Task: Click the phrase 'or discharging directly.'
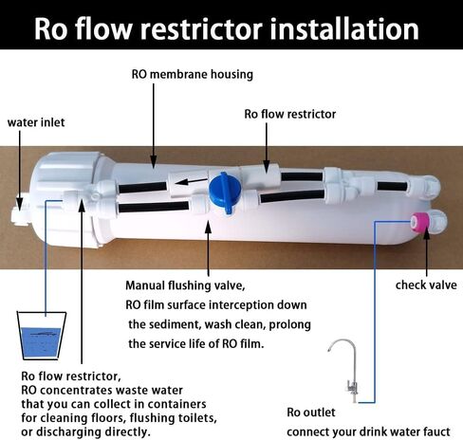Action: tap(85, 431)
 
